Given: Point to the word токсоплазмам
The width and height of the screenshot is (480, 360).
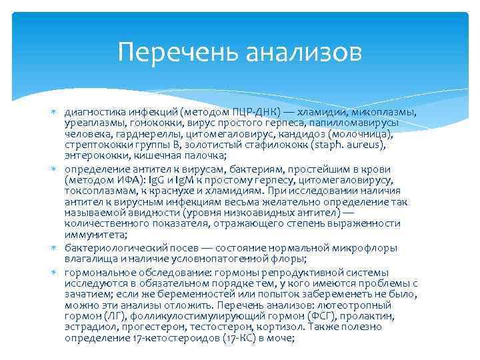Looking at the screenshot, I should click(99, 191).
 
